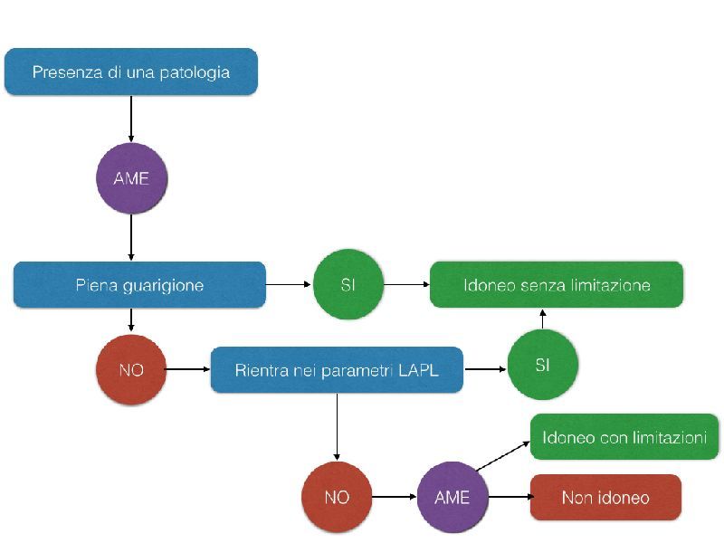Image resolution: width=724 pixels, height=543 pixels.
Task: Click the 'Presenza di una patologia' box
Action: [x=131, y=72]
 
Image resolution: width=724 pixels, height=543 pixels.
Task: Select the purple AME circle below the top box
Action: [x=131, y=178]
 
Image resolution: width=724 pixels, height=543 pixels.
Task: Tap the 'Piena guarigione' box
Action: [x=139, y=285]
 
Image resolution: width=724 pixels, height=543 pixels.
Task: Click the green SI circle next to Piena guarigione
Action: [x=348, y=285]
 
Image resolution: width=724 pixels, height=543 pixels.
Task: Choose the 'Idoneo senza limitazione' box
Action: [x=557, y=285]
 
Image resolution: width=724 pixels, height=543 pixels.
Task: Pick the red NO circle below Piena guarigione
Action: [x=131, y=369]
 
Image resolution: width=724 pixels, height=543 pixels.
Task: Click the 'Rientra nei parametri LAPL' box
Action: [x=337, y=369]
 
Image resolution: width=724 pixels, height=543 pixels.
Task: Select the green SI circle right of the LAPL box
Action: [x=542, y=365]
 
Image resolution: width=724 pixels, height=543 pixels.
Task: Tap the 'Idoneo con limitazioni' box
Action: [x=624, y=438]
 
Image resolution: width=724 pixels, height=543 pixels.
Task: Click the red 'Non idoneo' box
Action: [x=605, y=498]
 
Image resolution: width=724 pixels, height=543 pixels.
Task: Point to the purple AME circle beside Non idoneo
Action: [x=452, y=498]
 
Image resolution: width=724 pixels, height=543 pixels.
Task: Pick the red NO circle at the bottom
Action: [x=337, y=498]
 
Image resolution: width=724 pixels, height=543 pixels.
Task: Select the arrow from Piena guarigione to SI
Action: [x=289, y=285]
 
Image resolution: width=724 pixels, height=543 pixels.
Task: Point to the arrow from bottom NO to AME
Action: [x=394, y=498]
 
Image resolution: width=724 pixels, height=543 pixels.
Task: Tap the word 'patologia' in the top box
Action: [x=198, y=72]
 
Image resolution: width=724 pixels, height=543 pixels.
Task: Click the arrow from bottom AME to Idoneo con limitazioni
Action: [x=502, y=457]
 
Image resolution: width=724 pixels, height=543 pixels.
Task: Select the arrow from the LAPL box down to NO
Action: [x=337, y=425]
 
